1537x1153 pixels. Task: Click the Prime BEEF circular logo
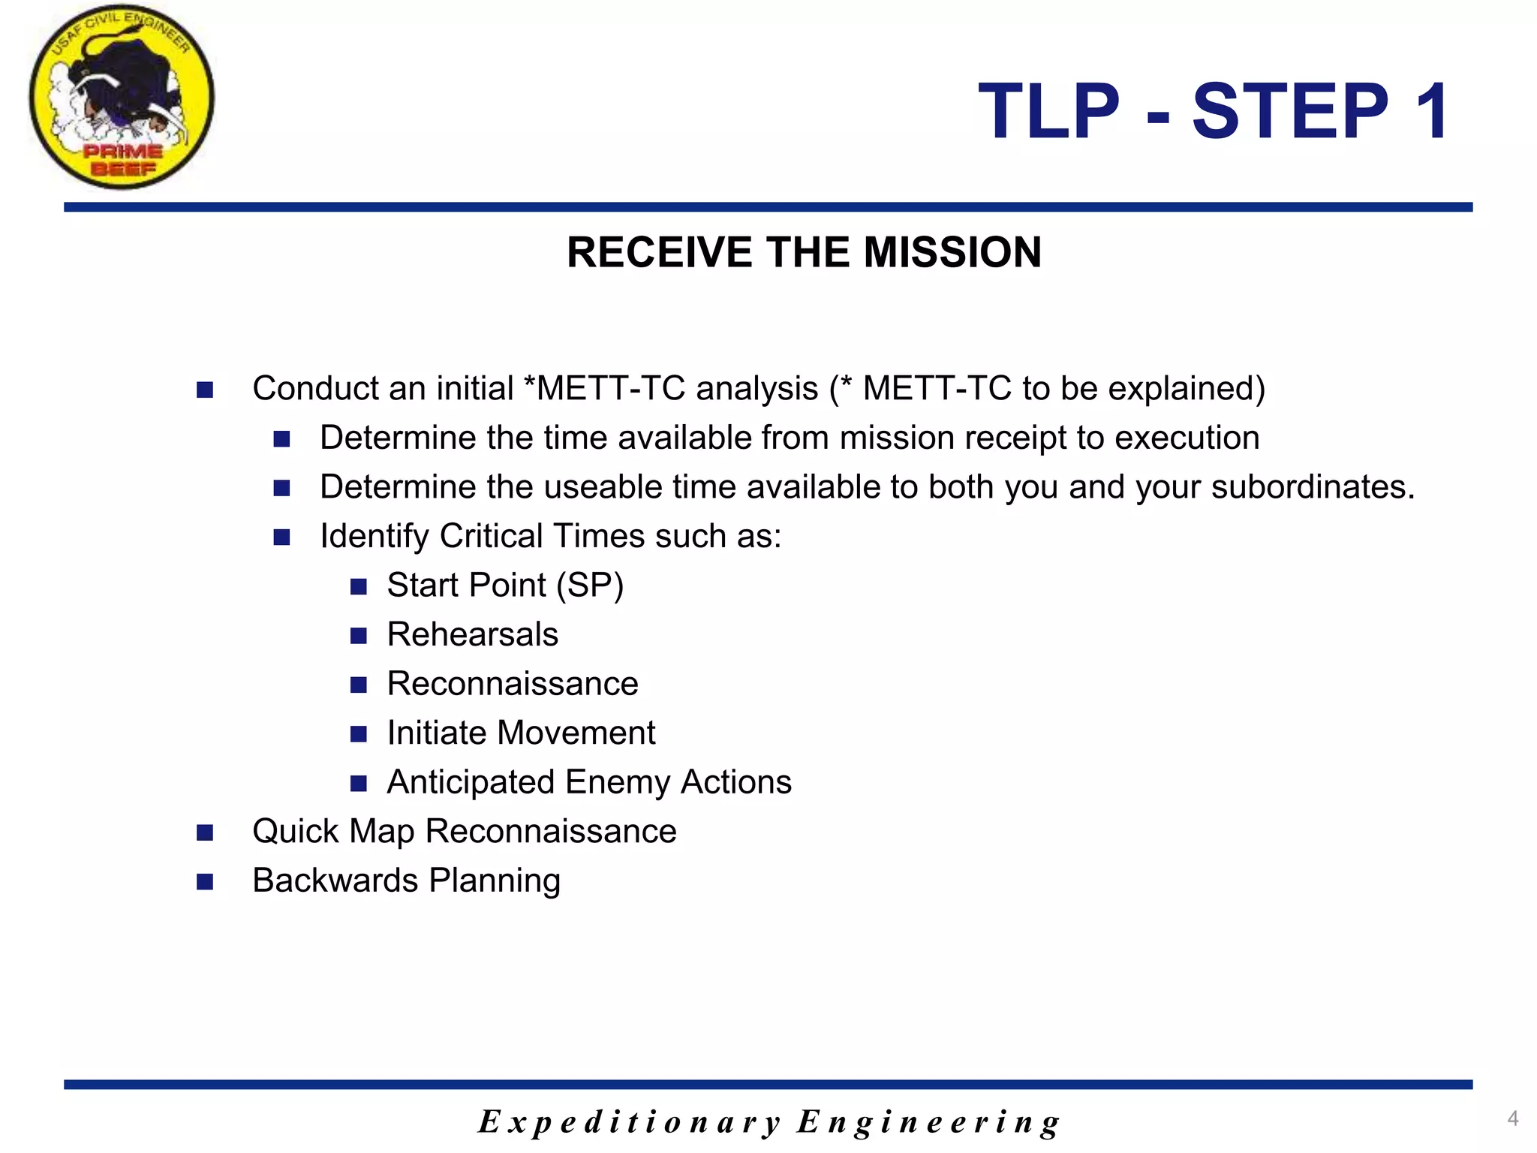(122, 98)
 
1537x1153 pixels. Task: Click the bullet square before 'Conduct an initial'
(205, 390)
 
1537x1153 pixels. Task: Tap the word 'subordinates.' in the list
(1313, 487)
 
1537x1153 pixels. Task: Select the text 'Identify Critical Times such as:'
(550, 536)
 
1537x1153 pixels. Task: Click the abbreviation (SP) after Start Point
(590, 586)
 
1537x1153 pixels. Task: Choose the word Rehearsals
(472, 635)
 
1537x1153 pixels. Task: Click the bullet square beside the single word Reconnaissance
(359, 685)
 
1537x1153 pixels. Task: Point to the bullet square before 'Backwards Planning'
(205, 882)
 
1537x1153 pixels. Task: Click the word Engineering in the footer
(928, 1122)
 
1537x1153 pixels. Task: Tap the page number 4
(1512, 1118)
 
